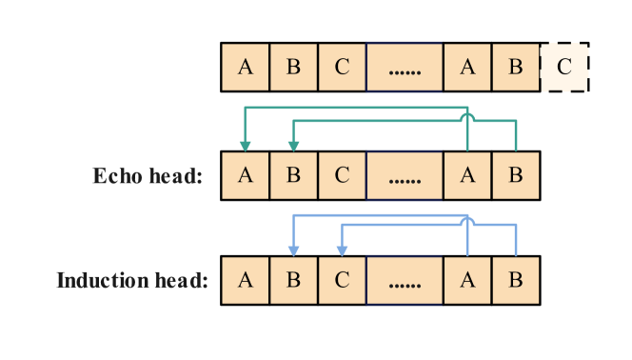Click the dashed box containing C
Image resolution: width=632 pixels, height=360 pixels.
pyautogui.click(x=564, y=68)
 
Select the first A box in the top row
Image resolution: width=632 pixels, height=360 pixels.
pyautogui.click(x=246, y=68)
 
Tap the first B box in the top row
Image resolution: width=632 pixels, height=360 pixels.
pyautogui.click(x=293, y=68)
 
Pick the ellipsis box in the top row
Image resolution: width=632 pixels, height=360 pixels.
pyautogui.click(x=405, y=68)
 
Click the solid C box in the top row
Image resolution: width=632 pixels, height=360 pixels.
pyautogui.click(x=342, y=68)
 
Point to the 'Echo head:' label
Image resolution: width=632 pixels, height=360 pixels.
pyautogui.click(x=148, y=176)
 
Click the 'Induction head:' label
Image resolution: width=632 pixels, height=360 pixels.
pyautogui.click(x=132, y=281)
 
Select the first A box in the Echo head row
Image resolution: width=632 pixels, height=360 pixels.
pyautogui.click(x=246, y=176)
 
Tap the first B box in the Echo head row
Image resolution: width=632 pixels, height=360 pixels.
pyautogui.click(x=293, y=176)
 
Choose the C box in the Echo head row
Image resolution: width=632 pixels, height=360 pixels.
pyautogui.click(x=342, y=176)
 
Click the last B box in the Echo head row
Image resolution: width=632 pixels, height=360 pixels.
pyautogui.click(x=515, y=176)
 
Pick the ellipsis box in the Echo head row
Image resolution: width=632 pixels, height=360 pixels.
pyautogui.click(x=405, y=176)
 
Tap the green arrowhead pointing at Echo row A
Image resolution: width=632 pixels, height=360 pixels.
pyautogui.click(x=246, y=146)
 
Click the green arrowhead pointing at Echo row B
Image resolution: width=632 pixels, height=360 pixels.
pyautogui.click(x=293, y=146)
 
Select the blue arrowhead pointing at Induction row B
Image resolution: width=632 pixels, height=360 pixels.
pyautogui.click(x=293, y=250)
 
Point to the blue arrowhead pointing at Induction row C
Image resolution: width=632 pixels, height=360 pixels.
pyautogui.click(x=342, y=250)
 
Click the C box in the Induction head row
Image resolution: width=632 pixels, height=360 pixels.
pyautogui.click(x=342, y=281)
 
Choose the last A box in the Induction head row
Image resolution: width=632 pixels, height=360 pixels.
pyautogui.click(x=467, y=281)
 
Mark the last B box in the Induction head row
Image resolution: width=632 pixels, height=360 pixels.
pyautogui.click(x=515, y=281)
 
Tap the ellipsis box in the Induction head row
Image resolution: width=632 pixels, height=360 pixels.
pyautogui.click(x=405, y=281)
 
